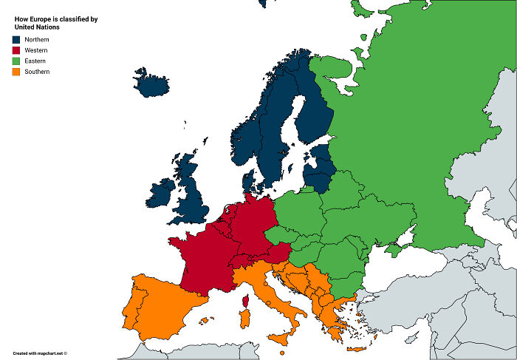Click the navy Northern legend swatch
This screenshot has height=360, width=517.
click(x=16, y=38)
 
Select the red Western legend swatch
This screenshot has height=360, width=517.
click(x=16, y=50)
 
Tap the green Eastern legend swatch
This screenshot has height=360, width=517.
click(x=16, y=61)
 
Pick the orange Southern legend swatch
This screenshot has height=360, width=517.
click(x=16, y=72)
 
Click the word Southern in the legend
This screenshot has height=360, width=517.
click(x=36, y=72)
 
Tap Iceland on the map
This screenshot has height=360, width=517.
click(x=151, y=82)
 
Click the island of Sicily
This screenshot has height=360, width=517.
click(x=281, y=338)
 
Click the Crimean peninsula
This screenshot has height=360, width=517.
click(x=395, y=249)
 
